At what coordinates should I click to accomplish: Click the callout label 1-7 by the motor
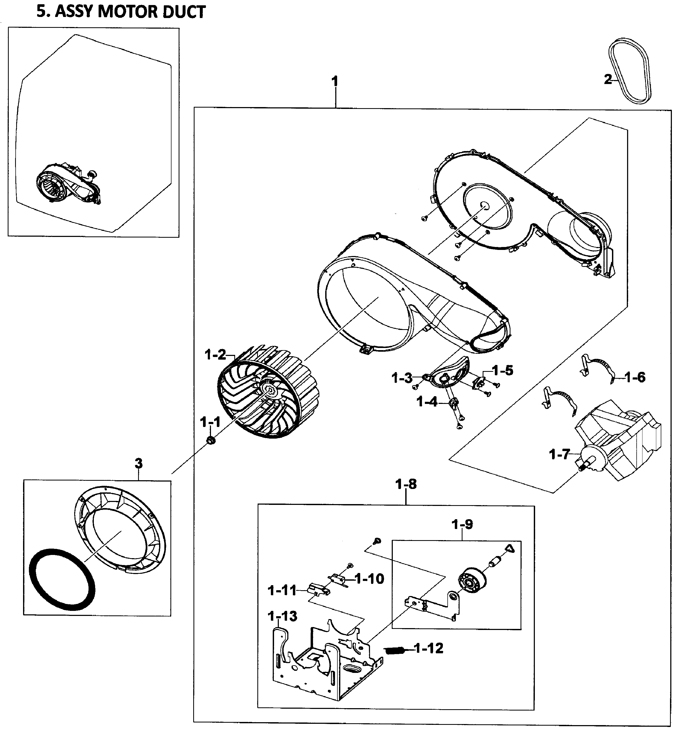(x=559, y=455)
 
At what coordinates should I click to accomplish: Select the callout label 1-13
(x=283, y=616)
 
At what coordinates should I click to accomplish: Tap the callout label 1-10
(x=369, y=579)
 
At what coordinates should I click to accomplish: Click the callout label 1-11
(x=282, y=590)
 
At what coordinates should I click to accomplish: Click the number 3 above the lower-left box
(x=139, y=464)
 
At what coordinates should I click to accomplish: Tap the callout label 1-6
(x=635, y=377)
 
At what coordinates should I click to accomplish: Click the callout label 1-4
(x=427, y=402)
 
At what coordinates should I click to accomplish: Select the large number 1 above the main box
(x=334, y=81)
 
